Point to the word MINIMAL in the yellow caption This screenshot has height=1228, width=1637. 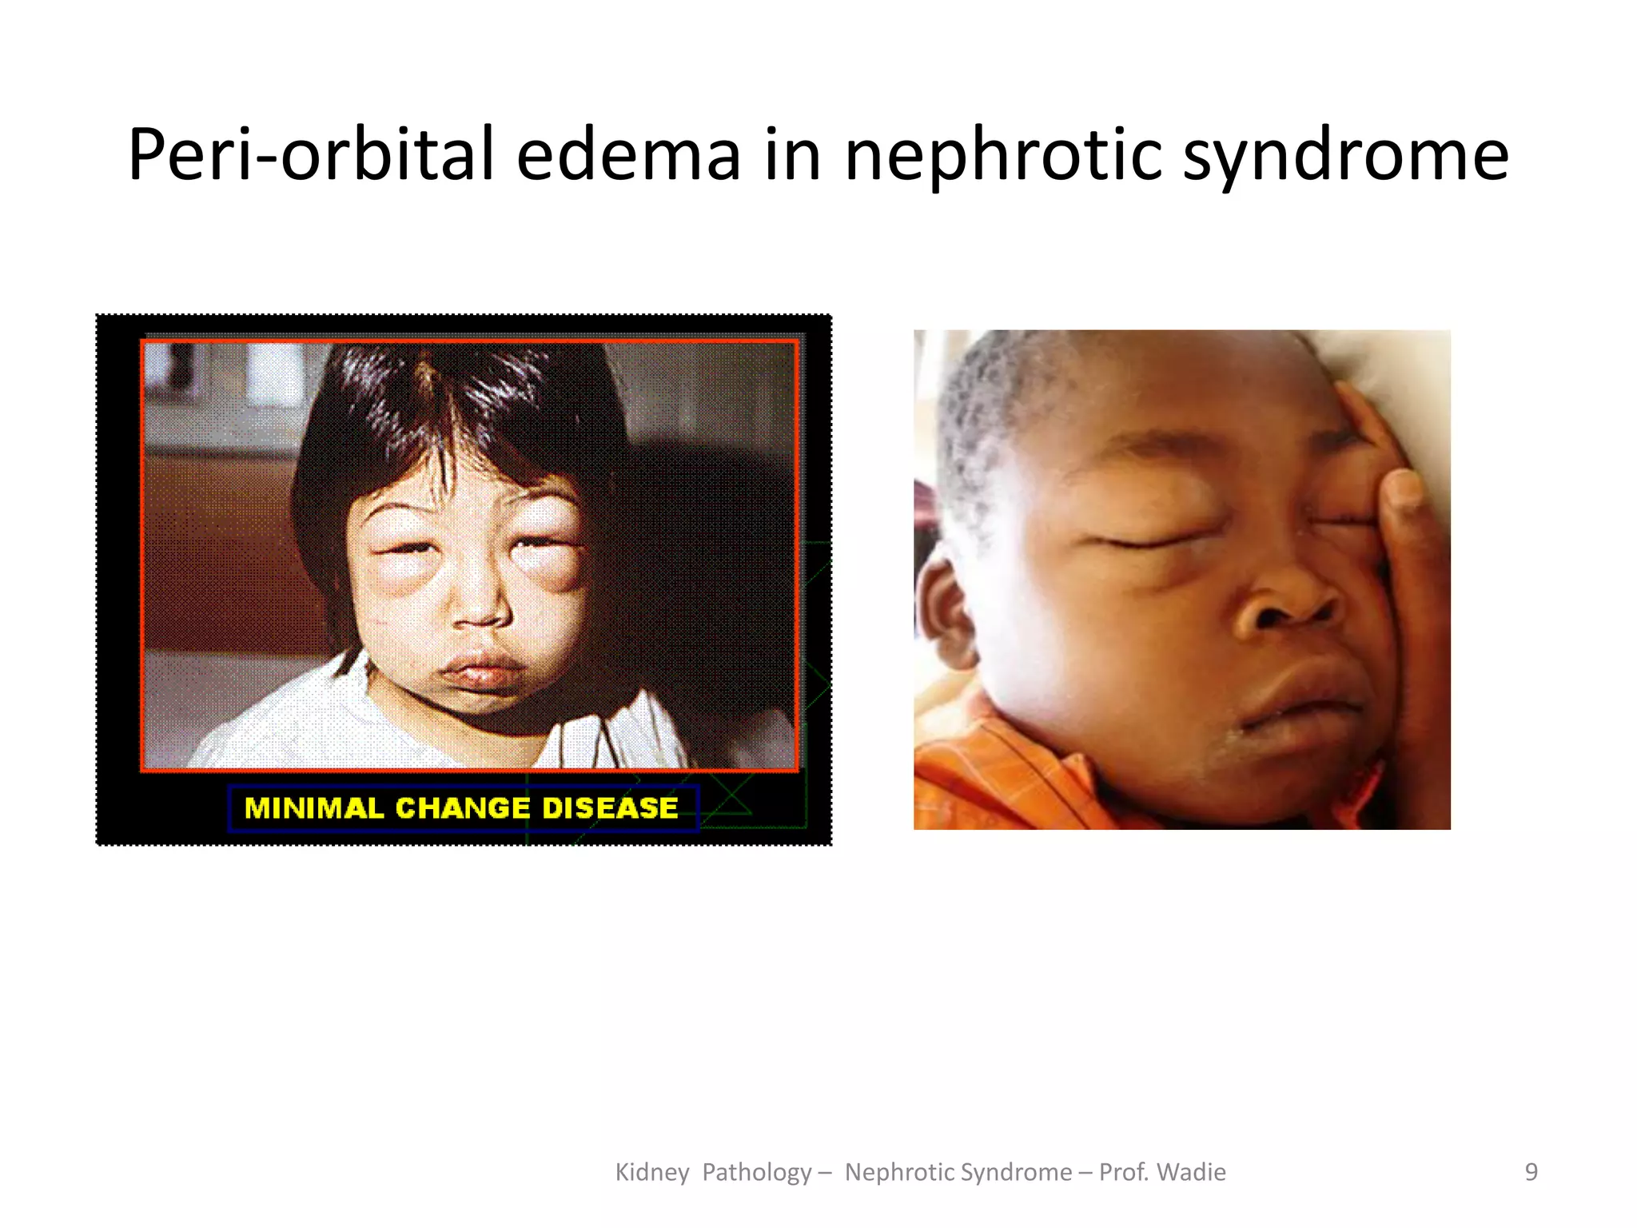coord(313,808)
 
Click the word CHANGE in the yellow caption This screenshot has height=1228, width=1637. coord(463,808)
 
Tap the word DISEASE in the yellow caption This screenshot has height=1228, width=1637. coord(610,808)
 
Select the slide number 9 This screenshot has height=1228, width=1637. coord(1531,1172)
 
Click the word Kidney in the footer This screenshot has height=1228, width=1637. coord(651,1172)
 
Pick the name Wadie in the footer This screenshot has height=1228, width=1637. coord(1191,1172)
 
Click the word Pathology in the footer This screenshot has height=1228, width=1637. coord(757,1172)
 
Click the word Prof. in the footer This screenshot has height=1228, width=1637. coord(1123,1172)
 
